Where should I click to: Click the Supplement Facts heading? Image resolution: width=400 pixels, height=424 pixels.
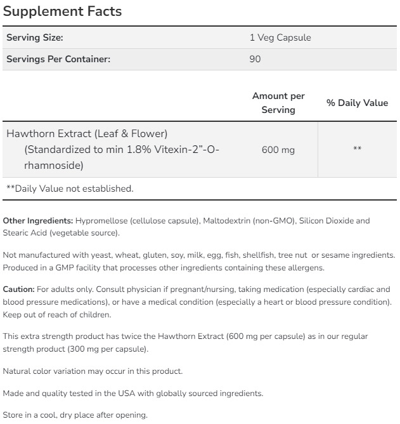click(62, 11)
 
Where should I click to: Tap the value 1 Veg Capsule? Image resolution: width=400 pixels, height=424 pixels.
click(280, 38)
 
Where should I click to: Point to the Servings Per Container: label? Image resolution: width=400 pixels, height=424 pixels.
click(58, 60)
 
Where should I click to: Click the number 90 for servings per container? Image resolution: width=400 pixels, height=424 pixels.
click(255, 60)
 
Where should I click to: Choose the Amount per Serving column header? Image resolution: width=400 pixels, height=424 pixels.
click(278, 103)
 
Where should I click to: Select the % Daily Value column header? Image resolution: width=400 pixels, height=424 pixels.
click(357, 103)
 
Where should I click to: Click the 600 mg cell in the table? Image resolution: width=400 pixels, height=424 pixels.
click(278, 150)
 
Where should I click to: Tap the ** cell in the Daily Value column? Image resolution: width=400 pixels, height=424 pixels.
click(357, 150)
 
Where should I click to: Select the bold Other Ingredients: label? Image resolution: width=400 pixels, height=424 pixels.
click(38, 221)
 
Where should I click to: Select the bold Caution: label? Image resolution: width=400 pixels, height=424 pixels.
click(19, 289)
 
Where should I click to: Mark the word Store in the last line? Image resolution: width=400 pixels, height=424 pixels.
click(13, 416)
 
